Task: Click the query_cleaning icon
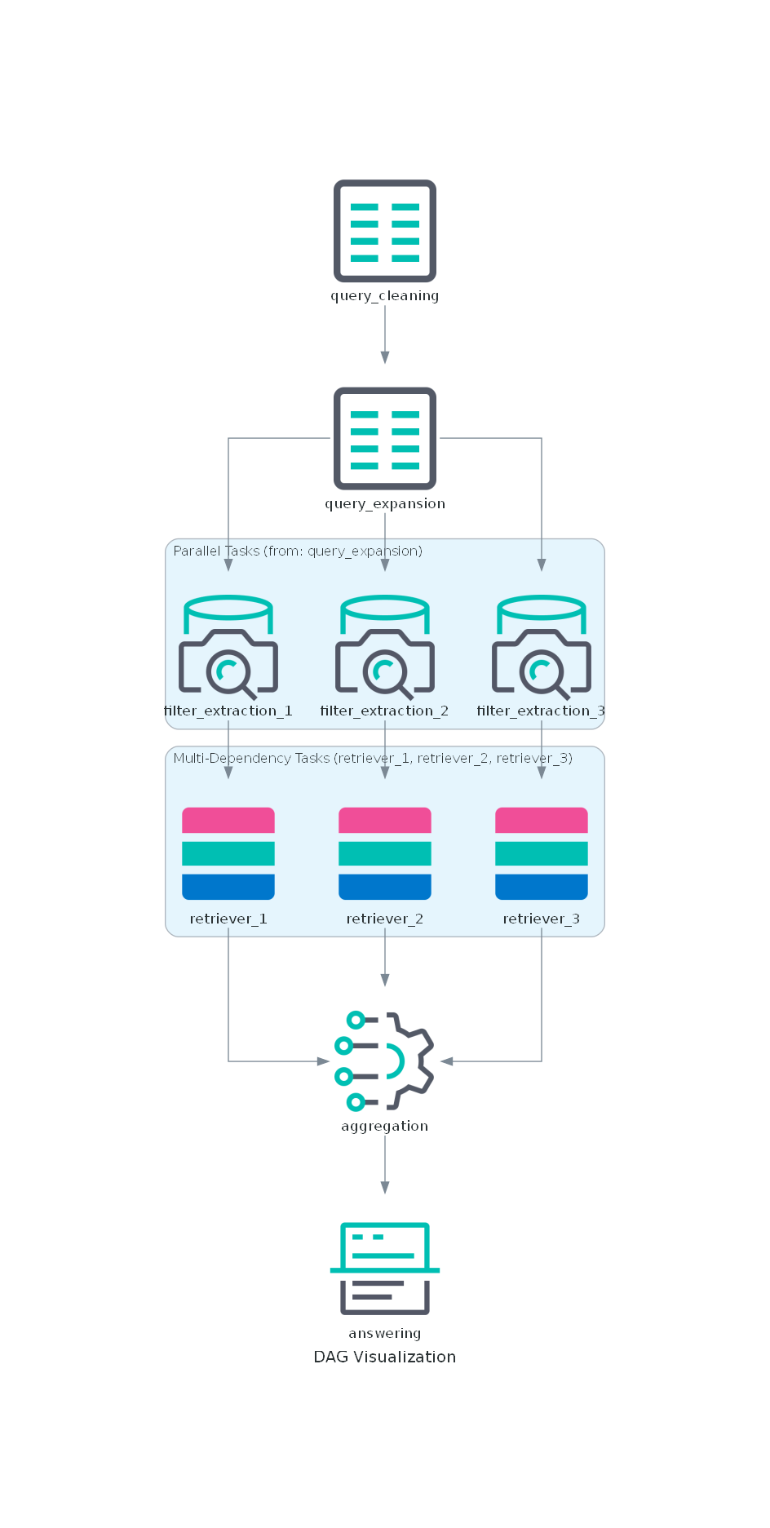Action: pos(384,231)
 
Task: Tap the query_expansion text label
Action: pos(384,503)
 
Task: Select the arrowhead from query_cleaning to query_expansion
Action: pos(384,357)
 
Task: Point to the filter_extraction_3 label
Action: pos(541,711)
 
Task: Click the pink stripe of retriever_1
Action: pos(228,820)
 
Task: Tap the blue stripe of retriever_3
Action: pos(541,887)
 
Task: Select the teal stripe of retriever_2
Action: pos(384,853)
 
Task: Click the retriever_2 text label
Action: pos(384,919)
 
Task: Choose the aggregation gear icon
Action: pos(384,1061)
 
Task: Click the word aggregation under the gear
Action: pos(384,1126)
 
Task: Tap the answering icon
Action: pos(384,1268)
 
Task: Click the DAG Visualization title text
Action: pos(384,1357)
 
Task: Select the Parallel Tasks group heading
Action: pos(298,551)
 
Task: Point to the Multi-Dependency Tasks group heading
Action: pos(373,758)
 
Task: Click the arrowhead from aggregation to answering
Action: pos(384,1187)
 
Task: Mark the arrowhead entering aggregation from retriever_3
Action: pos(447,1061)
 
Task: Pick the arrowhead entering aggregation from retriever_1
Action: pos(323,1061)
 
